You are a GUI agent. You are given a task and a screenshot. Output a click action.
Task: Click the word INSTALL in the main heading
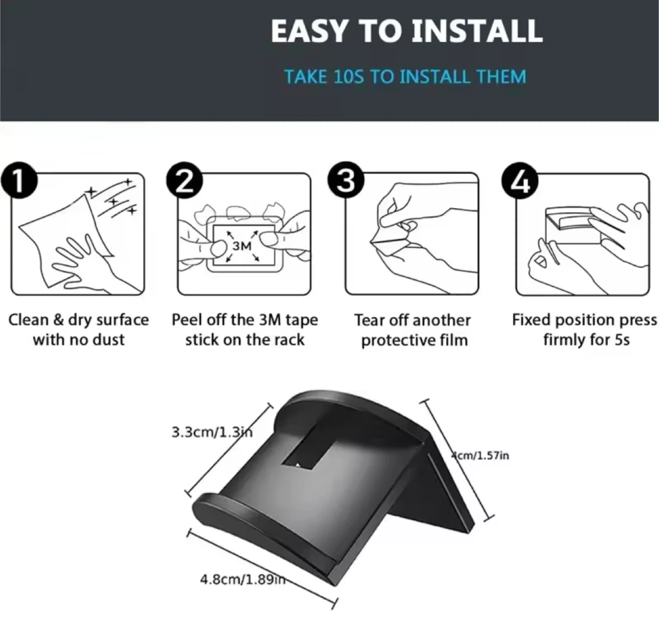click(x=477, y=31)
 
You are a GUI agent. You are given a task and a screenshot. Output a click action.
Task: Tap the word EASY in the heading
click(x=309, y=31)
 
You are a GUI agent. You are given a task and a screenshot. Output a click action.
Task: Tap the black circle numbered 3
click(x=346, y=180)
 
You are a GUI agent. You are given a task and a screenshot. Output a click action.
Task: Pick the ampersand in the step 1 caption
click(x=59, y=320)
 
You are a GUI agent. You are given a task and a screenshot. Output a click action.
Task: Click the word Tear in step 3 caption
click(x=369, y=320)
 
